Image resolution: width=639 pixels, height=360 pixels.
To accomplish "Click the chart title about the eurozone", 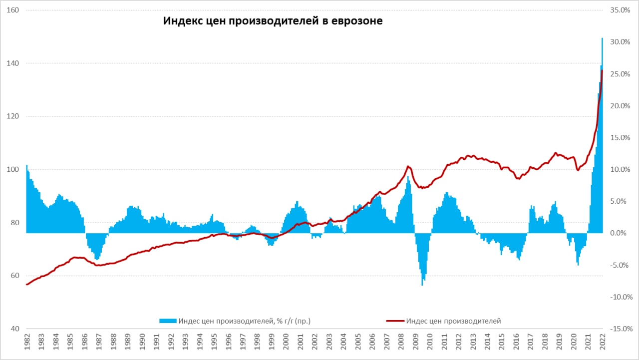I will click(x=273, y=21).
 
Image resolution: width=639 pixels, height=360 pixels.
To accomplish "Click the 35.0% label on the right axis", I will click(x=621, y=10).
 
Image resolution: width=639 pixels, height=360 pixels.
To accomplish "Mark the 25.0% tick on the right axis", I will click(x=621, y=74).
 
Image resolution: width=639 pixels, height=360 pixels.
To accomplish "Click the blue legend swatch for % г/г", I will click(x=168, y=321).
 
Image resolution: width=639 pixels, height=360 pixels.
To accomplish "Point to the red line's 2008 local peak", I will click(x=408, y=166).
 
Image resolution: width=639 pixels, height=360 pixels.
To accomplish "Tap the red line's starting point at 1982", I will click(x=26, y=285).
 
